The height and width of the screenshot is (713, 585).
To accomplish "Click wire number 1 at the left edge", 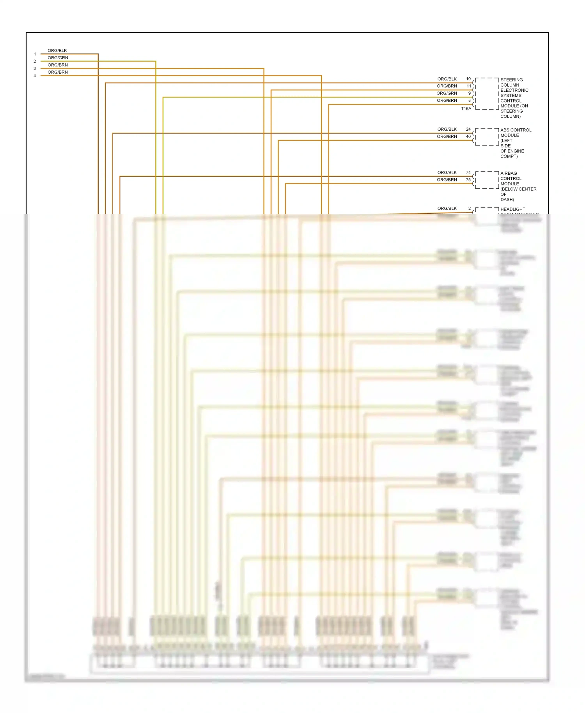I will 35,54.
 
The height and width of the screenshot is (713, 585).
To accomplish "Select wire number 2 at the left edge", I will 35,61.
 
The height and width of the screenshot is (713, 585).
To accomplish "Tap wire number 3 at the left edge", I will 35,69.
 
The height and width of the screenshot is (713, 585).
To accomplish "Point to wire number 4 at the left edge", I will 35,76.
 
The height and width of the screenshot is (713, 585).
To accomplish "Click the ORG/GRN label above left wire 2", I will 58,58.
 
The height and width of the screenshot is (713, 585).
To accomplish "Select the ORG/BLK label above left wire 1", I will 57,51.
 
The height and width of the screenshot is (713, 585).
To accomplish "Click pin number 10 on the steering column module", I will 468,79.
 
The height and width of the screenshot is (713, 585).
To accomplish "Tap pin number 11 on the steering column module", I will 469,86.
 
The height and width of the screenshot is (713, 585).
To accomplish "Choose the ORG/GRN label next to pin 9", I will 447,93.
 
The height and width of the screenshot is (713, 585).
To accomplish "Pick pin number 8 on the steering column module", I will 470,101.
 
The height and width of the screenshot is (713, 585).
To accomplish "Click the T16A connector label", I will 466,109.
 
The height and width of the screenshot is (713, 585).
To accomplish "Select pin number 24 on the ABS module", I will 468,129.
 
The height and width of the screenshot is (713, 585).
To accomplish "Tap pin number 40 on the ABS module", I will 468,137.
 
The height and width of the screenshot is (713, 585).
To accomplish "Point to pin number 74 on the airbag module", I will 468,172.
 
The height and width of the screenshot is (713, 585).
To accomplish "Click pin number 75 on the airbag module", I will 468,180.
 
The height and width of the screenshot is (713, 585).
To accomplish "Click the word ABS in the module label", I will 505,130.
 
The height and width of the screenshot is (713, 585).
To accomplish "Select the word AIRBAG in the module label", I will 509,173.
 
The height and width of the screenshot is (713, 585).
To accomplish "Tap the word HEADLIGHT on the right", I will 513,209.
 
